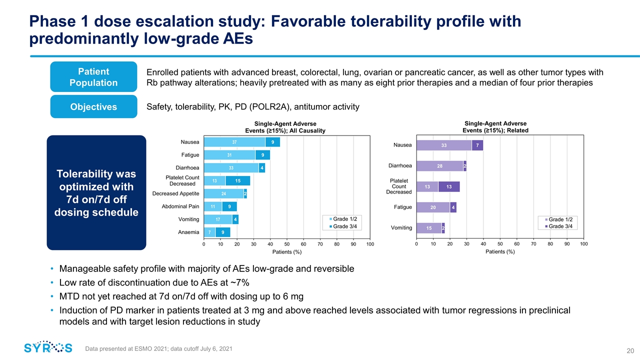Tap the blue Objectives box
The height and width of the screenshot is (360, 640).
(x=93, y=106)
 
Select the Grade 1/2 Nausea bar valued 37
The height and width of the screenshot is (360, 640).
(x=234, y=142)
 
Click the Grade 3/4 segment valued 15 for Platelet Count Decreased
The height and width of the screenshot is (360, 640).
(x=238, y=180)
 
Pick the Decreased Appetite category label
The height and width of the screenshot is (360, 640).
(x=175, y=193)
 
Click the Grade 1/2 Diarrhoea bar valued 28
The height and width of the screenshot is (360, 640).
(x=439, y=166)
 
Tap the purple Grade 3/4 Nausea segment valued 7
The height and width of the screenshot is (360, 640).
(x=477, y=145)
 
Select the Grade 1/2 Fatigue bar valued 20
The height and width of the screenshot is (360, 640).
(x=433, y=207)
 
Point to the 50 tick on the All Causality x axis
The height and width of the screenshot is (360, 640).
(x=286, y=243)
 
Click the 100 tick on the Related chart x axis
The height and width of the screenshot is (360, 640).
(x=583, y=243)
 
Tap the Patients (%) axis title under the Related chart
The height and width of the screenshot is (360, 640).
(x=500, y=252)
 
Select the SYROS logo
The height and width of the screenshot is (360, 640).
(x=48, y=347)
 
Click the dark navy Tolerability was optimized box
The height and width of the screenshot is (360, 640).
(x=96, y=192)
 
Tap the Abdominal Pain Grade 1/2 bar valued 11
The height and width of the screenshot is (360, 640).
(x=212, y=206)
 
